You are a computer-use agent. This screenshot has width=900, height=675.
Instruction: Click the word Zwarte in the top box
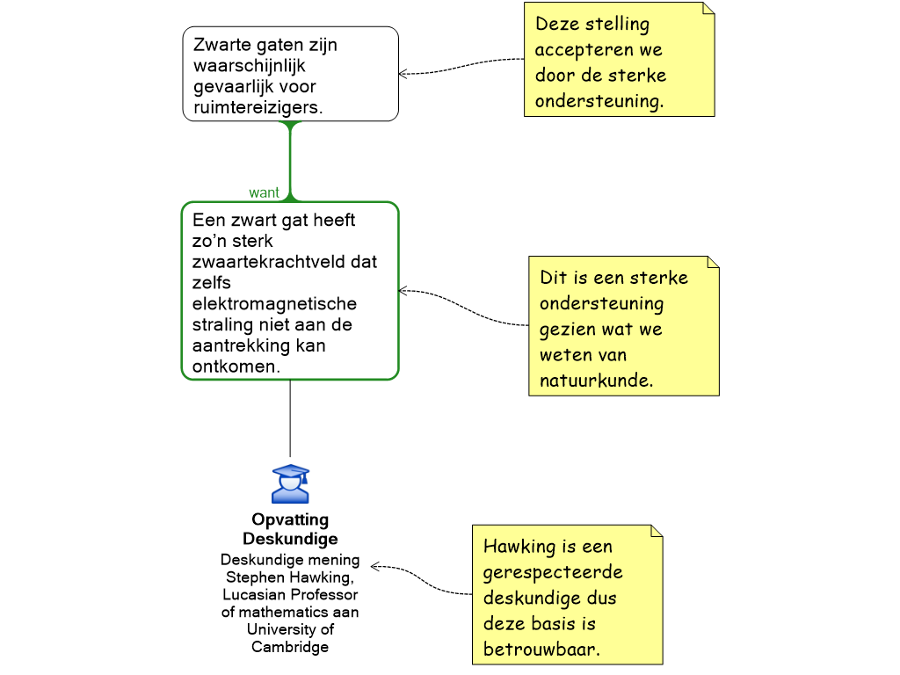coord(221,45)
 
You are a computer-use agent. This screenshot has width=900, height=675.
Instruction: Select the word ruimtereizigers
coord(258,108)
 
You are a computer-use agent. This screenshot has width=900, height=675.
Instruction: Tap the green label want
coord(264,192)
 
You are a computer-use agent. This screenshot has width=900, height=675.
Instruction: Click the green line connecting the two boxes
coord(289,163)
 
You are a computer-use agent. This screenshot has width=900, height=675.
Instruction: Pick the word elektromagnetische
coord(274,304)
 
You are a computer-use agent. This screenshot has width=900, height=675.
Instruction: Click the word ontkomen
coord(236,367)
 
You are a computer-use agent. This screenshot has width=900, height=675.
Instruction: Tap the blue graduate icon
coord(290,484)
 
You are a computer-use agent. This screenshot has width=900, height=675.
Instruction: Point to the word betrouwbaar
coord(541,650)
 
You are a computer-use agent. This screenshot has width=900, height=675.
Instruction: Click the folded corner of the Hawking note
coord(656,532)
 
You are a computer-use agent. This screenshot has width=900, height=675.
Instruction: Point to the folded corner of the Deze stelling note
coord(708,9)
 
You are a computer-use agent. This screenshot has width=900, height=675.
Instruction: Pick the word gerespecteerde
coord(553,572)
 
